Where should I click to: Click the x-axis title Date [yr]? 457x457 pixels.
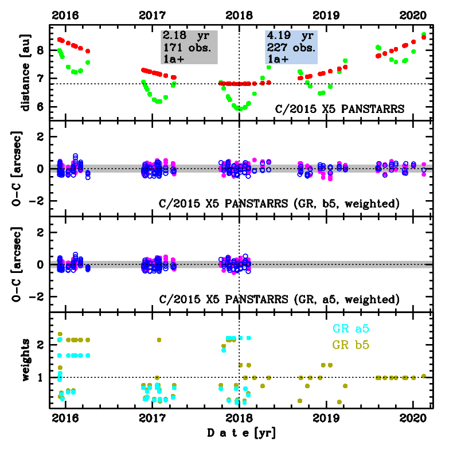241,433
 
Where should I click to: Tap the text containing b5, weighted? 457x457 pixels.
278,204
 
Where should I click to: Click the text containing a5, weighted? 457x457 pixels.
278,299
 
